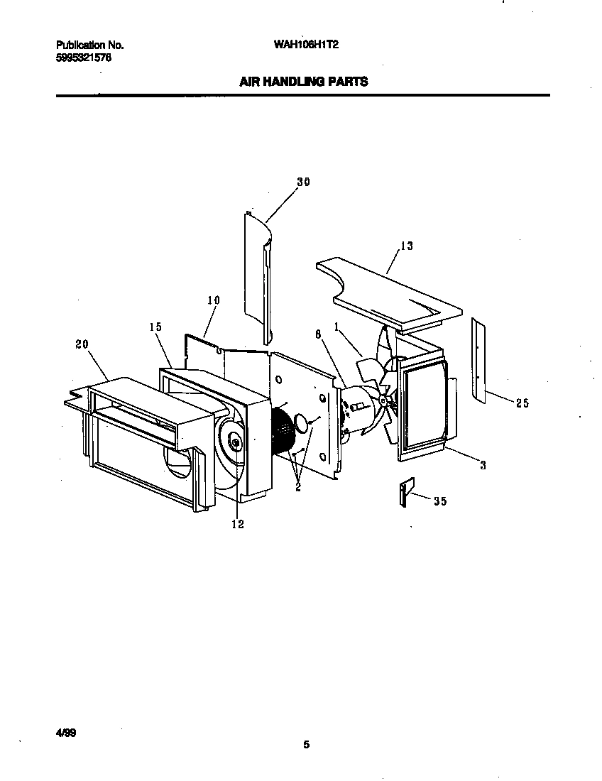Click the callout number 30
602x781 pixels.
303,182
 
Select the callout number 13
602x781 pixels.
407,246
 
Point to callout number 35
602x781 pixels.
440,501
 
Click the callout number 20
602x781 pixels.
82,344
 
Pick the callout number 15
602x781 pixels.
155,327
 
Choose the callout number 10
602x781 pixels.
214,300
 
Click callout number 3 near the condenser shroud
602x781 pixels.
483,465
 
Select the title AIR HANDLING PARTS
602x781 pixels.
303,82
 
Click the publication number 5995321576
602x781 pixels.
83,58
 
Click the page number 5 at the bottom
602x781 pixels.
306,744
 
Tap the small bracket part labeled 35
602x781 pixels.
405,492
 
